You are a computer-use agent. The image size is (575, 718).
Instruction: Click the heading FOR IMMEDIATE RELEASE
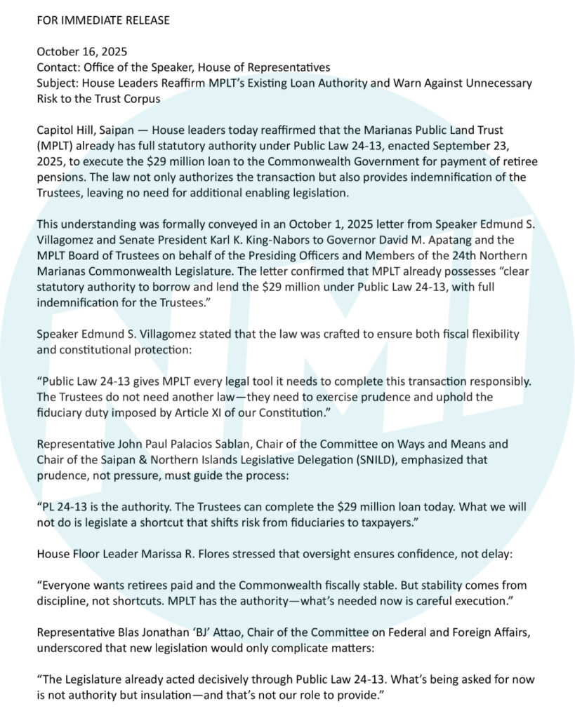pos(103,20)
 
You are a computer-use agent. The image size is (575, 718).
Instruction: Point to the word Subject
pos(57,83)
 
